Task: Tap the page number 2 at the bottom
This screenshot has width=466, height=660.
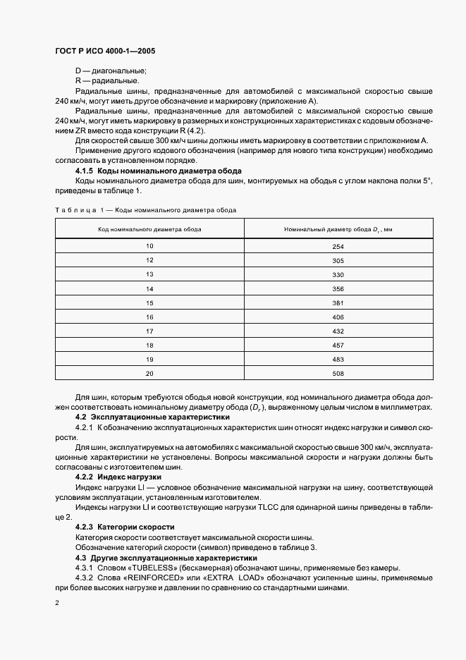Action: (57, 603)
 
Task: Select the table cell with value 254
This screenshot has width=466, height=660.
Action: (338, 246)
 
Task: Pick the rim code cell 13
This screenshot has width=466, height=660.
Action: (149, 274)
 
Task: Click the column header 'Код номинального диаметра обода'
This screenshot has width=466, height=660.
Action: (149, 228)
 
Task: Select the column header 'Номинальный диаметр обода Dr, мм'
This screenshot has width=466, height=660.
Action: (338, 228)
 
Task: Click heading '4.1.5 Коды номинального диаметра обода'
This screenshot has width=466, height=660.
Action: (159, 171)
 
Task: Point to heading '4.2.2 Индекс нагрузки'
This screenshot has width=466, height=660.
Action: (118, 477)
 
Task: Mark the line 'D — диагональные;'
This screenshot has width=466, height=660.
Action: (111, 71)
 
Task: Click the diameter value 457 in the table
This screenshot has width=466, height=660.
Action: (338, 346)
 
